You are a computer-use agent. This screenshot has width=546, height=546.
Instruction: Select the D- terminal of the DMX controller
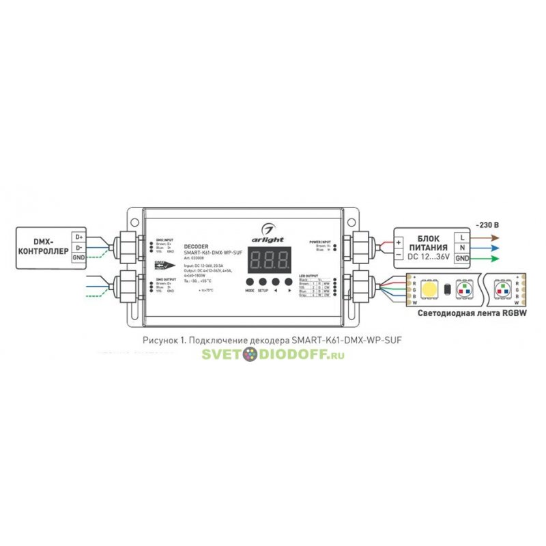tap(78, 246)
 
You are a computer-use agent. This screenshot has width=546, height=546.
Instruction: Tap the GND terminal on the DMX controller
tap(78, 257)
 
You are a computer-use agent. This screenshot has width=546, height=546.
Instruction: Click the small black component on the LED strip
tap(448, 289)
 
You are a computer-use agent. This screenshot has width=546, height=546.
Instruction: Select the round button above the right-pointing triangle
tap(291, 281)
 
